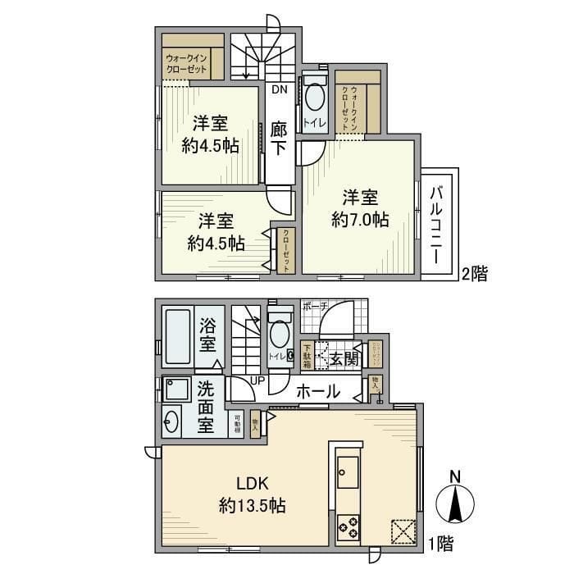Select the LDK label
[250, 483]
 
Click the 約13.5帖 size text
[252, 506]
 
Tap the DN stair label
[279, 91]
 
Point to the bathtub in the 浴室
[176, 335]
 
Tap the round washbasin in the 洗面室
[172, 422]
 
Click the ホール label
[314, 392]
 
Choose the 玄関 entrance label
[344, 358]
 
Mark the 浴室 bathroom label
[208, 335]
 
